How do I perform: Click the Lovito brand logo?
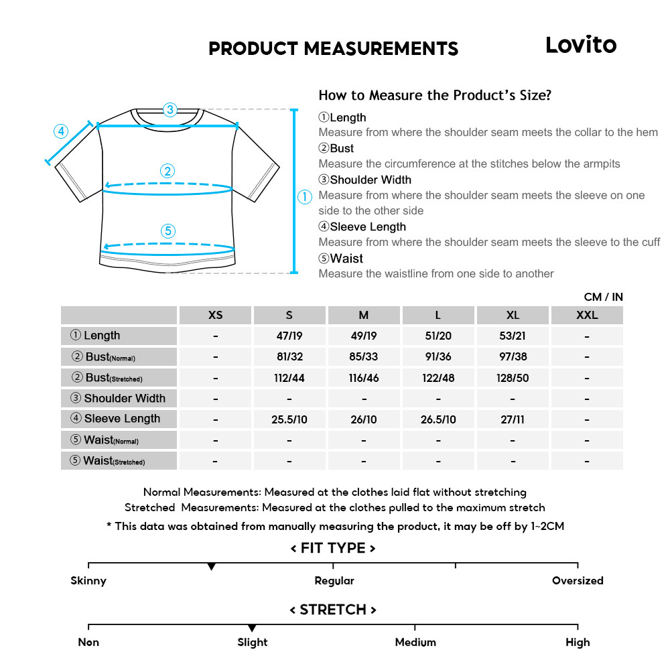click(x=580, y=45)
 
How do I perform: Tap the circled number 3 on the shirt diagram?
click(x=170, y=109)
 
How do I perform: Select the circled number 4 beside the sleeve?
click(x=61, y=131)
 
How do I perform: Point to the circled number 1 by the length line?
click(x=305, y=197)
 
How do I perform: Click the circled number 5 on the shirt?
click(x=168, y=231)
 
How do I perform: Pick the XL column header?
click(x=513, y=315)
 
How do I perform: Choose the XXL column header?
click(x=587, y=315)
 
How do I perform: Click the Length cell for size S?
click(x=289, y=336)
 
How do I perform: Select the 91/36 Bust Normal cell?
click(x=438, y=357)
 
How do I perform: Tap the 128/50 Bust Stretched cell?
click(x=513, y=378)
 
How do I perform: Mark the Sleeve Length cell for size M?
click(x=364, y=419)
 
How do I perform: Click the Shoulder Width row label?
click(x=119, y=399)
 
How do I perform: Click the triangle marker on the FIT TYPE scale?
click(x=212, y=567)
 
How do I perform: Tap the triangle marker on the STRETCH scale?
click(x=252, y=628)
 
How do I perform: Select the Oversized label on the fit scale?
click(x=578, y=581)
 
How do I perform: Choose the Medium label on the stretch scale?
click(x=415, y=643)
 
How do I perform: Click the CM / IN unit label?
click(x=603, y=297)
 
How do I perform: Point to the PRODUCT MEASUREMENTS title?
click(x=334, y=49)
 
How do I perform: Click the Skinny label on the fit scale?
click(x=88, y=581)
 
